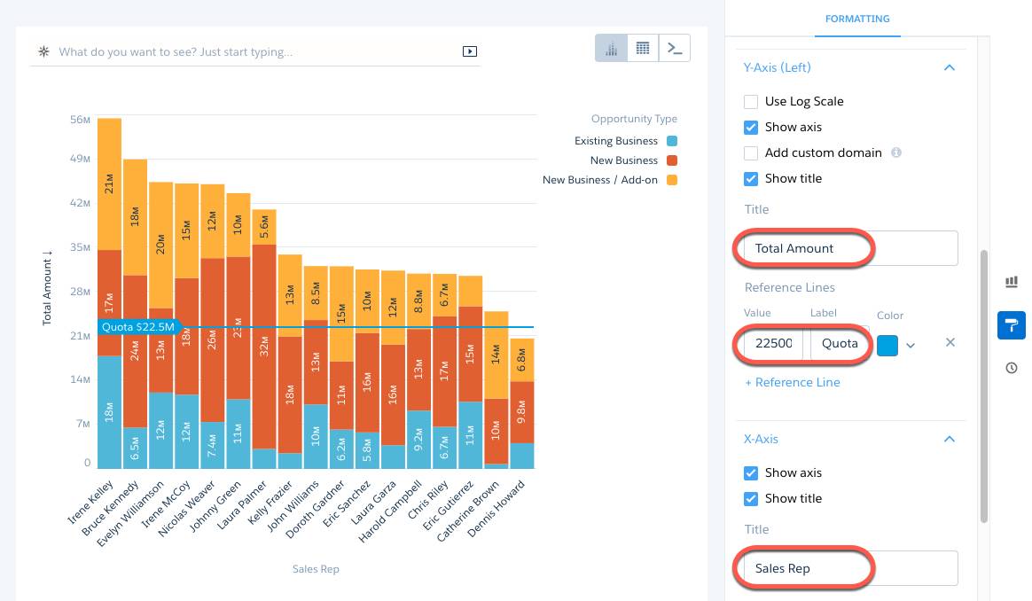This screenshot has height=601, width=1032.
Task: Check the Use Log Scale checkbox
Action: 751,102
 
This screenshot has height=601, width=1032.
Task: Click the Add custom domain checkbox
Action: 751,153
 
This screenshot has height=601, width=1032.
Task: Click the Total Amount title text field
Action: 849,248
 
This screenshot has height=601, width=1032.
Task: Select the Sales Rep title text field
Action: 849,568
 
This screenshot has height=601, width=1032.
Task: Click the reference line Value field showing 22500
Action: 773,344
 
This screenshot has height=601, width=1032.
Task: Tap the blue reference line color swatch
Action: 887,344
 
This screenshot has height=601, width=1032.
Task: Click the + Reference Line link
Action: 792,383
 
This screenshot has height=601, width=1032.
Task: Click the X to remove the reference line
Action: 950,343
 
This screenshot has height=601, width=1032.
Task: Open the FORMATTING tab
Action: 857,19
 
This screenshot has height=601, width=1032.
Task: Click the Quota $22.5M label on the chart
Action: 137,327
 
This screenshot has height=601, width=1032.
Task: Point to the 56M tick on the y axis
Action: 81,120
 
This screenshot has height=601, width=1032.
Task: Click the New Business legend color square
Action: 672,160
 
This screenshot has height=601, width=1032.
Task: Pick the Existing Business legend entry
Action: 616,141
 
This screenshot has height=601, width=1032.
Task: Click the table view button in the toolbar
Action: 643,49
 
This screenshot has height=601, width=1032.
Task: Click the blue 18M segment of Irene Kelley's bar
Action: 109,411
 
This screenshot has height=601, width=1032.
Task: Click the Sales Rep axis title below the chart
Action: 316,569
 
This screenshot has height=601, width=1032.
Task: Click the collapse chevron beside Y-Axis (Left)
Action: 950,67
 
